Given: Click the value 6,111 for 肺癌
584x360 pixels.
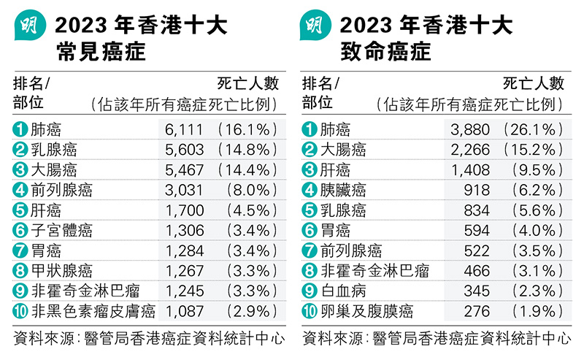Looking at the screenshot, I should [181, 130].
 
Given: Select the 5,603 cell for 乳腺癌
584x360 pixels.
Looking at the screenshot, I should [181, 150].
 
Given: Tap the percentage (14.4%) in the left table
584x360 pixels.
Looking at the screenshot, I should [247, 171].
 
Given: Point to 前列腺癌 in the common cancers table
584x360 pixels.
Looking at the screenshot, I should [61, 191].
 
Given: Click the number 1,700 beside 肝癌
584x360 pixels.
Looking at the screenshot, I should [181, 211].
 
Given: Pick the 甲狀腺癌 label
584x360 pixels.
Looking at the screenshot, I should [61, 272].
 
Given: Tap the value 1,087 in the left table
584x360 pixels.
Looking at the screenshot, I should [181, 312].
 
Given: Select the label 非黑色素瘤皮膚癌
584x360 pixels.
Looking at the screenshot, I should [93, 312].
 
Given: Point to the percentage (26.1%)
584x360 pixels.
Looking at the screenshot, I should [533, 130].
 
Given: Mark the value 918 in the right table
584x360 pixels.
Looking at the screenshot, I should [474, 191].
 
